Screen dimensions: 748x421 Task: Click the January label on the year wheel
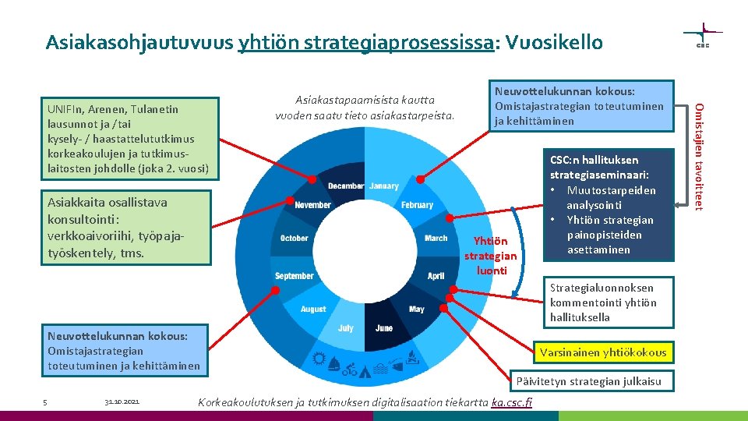coord(384,186)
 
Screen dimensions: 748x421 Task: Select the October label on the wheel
coord(294,238)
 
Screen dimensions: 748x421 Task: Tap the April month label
coord(436,276)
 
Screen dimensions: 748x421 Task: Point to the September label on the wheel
coord(295,276)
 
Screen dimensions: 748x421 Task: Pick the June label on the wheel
coord(384,328)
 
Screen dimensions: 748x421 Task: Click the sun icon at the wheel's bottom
coord(319,359)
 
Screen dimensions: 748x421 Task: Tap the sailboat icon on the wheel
coord(335,363)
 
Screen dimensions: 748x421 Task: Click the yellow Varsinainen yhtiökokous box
coord(603,352)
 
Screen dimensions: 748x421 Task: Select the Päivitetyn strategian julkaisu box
coord(587,381)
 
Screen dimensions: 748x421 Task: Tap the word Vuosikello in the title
coord(555,42)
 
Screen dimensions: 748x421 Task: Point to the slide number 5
coord(45,402)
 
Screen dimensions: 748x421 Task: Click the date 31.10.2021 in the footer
coord(121,402)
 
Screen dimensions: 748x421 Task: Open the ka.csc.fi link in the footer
coord(513,402)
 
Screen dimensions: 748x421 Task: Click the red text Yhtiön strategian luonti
coord(490,256)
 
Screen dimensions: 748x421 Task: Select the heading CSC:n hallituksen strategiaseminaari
coord(599,168)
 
